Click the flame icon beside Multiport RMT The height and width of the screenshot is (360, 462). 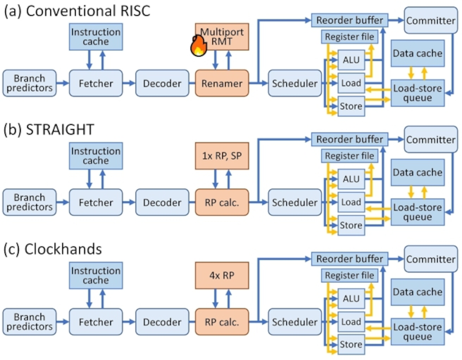click(x=198, y=46)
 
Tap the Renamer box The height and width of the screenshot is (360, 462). click(x=222, y=83)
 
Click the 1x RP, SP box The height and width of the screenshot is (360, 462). click(x=222, y=156)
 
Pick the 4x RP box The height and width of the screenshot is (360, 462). click(x=222, y=275)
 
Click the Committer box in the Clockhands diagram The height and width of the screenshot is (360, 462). click(x=431, y=259)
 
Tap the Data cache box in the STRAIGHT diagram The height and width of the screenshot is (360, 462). click(x=418, y=172)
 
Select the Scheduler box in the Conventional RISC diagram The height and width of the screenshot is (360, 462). click(x=295, y=83)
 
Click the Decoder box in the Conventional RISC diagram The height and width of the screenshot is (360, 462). click(x=162, y=83)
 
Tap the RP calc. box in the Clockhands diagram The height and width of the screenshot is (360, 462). click(x=222, y=321)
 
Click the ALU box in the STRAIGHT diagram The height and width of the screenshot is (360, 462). click(x=351, y=179)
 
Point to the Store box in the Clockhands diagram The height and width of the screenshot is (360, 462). click(x=351, y=344)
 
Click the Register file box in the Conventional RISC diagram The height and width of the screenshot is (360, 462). click(x=350, y=37)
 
